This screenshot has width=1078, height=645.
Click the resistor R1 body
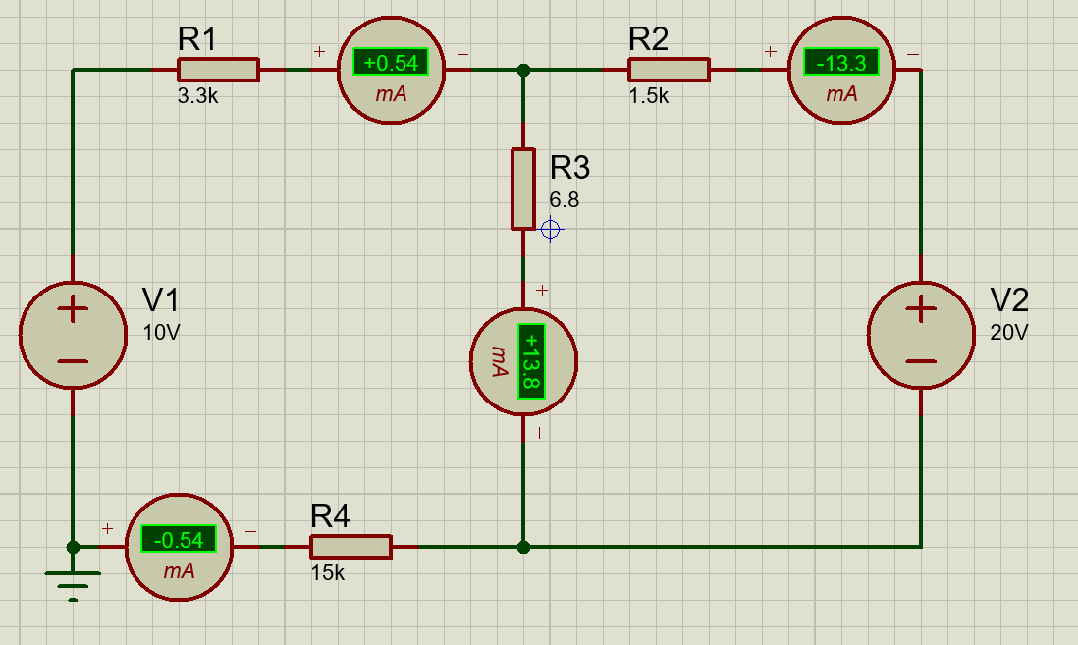[218, 70]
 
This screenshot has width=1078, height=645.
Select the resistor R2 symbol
[669, 70]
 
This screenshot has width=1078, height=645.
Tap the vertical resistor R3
[523, 188]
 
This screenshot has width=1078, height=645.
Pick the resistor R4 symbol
[350, 547]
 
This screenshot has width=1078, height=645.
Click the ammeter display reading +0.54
[391, 64]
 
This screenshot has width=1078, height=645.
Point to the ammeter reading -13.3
[841, 64]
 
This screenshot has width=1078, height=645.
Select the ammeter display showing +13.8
[530, 360]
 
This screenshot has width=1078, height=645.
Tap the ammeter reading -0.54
[179, 539]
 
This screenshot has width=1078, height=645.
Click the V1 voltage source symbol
[73, 335]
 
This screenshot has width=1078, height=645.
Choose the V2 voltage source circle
[921, 335]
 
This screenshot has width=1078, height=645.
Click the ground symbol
[73, 582]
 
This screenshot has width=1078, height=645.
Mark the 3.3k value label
[199, 96]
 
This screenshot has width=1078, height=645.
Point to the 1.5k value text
[649, 96]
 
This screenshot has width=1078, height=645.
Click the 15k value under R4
[328, 573]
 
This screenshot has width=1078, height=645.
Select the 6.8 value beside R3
[565, 200]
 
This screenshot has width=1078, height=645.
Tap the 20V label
[1008, 333]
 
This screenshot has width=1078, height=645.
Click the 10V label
[161, 333]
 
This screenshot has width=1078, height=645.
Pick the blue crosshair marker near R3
[551, 230]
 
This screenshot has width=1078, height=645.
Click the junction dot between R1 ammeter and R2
[523, 70]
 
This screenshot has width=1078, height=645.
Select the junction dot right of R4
[523, 547]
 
